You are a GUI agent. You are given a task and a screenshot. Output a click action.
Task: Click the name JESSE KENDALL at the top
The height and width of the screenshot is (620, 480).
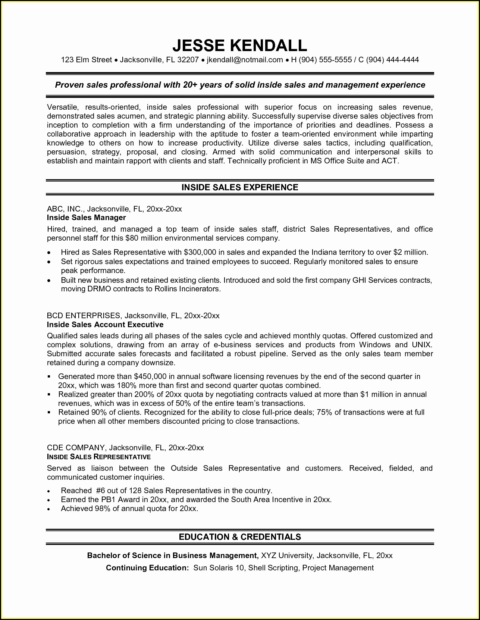click(x=240, y=46)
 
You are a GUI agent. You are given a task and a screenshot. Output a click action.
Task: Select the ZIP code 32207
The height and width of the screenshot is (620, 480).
click(x=188, y=60)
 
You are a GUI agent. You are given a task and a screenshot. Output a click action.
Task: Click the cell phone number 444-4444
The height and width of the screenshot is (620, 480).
click(x=403, y=60)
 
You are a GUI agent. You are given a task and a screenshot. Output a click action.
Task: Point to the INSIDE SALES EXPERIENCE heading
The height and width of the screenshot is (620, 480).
click(x=240, y=187)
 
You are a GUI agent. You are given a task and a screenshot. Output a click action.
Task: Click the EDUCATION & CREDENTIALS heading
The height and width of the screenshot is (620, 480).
click(x=240, y=537)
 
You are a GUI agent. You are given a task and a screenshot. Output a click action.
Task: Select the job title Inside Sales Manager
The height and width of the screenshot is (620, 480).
click(x=87, y=217)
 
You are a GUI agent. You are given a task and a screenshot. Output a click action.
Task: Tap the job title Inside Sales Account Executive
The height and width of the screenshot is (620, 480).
click(x=105, y=325)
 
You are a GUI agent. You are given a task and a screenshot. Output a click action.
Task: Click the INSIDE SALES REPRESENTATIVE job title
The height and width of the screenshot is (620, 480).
click(x=99, y=457)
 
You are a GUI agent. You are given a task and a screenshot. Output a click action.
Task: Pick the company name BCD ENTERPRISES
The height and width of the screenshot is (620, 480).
click(x=84, y=316)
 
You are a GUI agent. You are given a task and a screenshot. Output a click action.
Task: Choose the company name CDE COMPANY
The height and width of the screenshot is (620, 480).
click(x=76, y=448)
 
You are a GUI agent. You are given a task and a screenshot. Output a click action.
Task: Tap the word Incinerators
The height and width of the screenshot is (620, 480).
click(x=199, y=289)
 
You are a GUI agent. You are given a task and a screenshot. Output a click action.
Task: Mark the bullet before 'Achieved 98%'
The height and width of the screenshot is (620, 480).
click(x=49, y=509)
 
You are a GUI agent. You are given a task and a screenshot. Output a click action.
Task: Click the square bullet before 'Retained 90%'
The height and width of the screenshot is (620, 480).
click(x=49, y=413)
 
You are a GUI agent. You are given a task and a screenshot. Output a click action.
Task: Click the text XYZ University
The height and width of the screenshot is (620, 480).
click(x=286, y=555)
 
